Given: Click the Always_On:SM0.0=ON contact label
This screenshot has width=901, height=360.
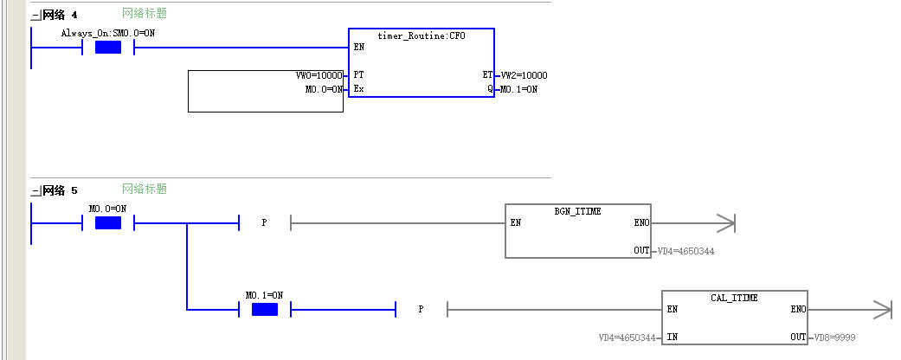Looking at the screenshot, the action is click(108, 33).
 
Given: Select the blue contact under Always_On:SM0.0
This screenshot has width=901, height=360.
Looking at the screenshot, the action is click(108, 48).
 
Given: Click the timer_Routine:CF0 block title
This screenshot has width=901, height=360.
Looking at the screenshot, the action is click(422, 35).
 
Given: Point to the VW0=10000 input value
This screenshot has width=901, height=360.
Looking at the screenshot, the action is click(319, 75).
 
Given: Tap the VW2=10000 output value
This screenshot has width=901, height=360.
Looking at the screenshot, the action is click(524, 75).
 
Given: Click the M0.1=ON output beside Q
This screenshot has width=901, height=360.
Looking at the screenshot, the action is click(519, 90).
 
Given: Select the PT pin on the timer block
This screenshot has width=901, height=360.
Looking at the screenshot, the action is click(358, 75).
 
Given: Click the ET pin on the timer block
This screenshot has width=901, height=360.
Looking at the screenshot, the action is click(487, 75).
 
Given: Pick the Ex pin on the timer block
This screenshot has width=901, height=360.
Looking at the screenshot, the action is click(358, 90).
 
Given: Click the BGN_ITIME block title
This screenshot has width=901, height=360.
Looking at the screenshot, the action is click(577, 211).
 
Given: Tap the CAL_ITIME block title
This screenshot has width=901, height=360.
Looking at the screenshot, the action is click(734, 298).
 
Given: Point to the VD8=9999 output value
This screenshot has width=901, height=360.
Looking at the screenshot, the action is click(834, 337).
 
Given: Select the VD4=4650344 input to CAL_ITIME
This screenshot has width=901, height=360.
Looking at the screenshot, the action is click(627, 337).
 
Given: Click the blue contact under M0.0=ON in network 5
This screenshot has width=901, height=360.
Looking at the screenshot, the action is click(108, 222).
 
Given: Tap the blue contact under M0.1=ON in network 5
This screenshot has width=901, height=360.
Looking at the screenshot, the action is click(265, 310).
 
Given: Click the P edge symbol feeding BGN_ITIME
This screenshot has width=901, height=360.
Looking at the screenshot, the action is click(264, 222).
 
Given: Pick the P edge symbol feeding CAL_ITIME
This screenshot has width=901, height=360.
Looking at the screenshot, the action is click(422, 310).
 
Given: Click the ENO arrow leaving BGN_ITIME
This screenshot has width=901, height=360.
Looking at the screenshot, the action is click(693, 222).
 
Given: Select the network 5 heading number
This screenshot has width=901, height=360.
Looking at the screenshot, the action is click(74, 190).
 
